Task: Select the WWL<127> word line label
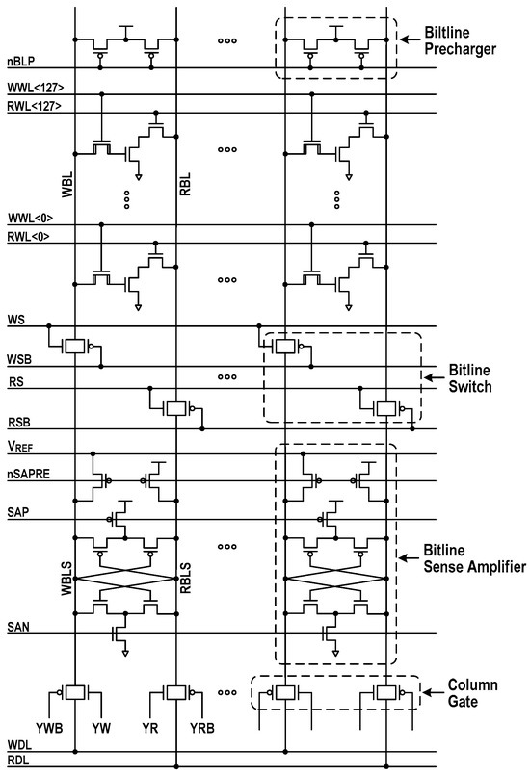[32, 89]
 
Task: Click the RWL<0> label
[25, 237]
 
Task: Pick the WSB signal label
[18, 359]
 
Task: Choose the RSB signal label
[18, 423]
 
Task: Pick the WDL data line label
[18, 746]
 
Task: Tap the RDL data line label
[18, 761]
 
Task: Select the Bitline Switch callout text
[473, 377]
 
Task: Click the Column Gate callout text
[472, 692]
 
